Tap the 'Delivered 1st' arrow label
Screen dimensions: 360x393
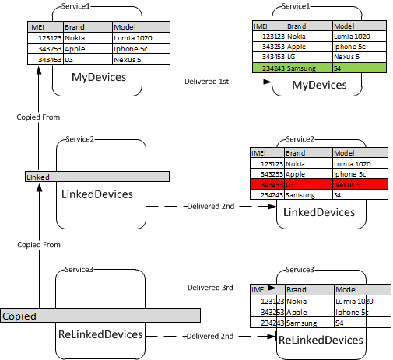pyautogui.click(x=206, y=82)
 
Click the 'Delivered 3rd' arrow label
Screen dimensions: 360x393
pyautogui.click(x=210, y=288)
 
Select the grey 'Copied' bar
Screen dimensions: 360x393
pyautogui.click(x=100, y=316)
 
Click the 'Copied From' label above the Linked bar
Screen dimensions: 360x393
pyautogui.click(x=38, y=117)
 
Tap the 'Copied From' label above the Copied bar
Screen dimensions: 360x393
pyautogui.click(x=38, y=245)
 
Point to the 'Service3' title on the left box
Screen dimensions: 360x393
pyautogui.click(x=79, y=269)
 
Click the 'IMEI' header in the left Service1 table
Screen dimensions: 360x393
pyautogui.click(x=37, y=26)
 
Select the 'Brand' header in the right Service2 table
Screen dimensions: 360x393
pyautogui.click(x=297, y=153)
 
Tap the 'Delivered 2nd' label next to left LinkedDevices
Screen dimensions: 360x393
pyautogui.click(x=210, y=207)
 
